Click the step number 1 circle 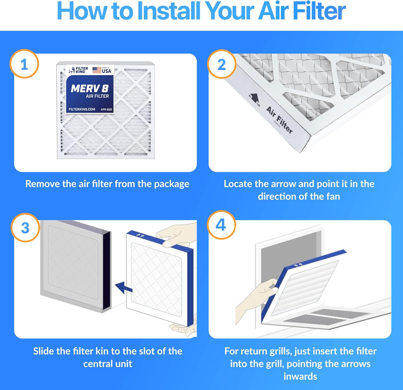(24, 64)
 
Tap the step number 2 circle (221, 64)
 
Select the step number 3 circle (25, 228)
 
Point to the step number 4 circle (221, 225)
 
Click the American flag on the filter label (97, 70)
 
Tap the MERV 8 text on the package (90, 88)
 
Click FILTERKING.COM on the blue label (82, 109)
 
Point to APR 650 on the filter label (106, 109)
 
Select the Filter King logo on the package (78, 70)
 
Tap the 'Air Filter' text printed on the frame (279, 120)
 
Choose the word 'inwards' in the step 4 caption (300, 376)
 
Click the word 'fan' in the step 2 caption (333, 196)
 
